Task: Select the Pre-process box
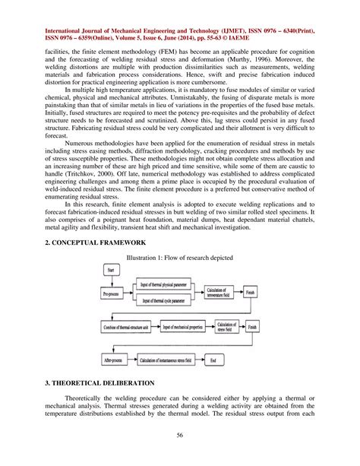113,291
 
